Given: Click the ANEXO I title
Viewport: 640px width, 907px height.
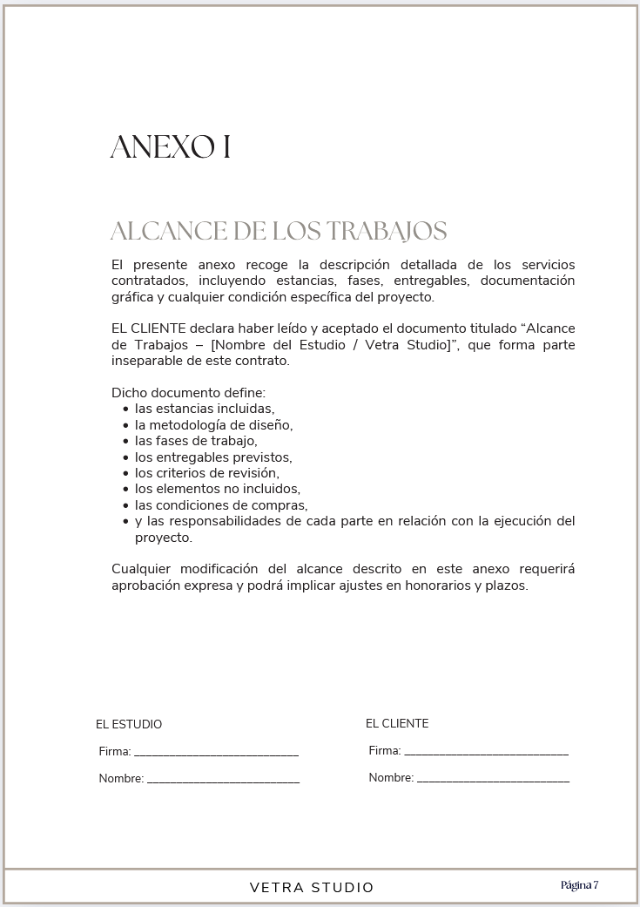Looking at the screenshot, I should click(171, 148).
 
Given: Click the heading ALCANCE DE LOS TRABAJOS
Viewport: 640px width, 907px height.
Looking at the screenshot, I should click(279, 231).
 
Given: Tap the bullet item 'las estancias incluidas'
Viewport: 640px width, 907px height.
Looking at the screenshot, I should click(205, 409).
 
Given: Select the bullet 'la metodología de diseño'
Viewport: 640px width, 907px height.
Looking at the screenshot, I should click(213, 425).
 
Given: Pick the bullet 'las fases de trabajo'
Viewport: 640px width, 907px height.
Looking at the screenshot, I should click(196, 441).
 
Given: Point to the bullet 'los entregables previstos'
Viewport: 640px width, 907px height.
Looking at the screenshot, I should click(213, 457).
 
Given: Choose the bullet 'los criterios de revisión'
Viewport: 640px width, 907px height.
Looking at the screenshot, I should click(206, 473).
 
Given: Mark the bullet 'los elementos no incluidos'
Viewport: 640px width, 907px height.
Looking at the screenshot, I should click(217, 489).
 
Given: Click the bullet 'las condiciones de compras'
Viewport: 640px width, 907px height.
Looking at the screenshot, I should click(221, 505).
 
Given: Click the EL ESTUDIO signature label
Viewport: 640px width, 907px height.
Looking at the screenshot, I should click(129, 724).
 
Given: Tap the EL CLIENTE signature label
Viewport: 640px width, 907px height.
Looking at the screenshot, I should click(397, 723).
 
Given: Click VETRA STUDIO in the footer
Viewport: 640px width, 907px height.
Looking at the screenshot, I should click(312, 888).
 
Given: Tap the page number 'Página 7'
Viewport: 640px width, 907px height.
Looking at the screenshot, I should click(580, 885).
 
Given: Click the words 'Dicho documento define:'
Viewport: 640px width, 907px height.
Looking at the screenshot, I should click(188, 393).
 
